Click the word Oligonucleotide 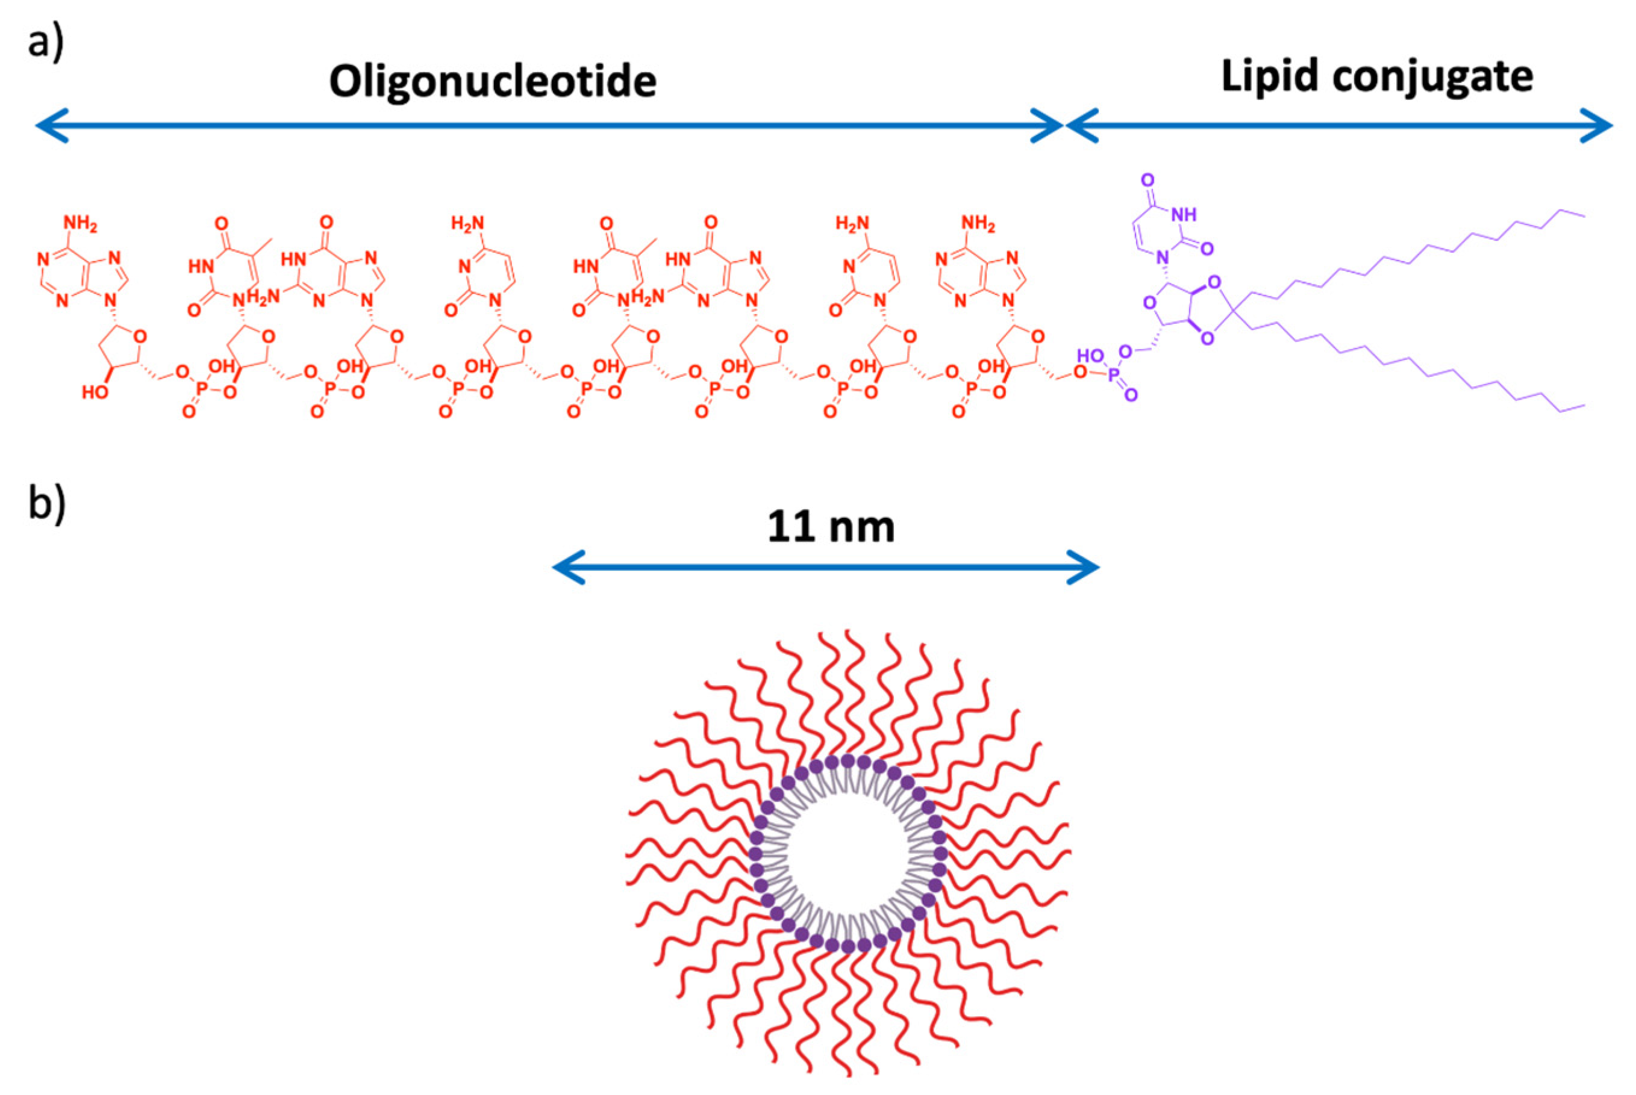coord(493,81)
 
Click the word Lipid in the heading coord(1268,75)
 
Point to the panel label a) coord(45,42)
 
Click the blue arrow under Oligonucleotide coord(549,126)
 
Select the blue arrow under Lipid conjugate coord(1339,126)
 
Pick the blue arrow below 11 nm coord(826,566)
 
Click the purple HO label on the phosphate coord(1091,356)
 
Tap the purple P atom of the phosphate coord(1114,377)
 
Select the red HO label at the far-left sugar coord(95,392)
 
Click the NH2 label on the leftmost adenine coord(80,223)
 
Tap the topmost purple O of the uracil coord(1147,180)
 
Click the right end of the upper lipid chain coord(1584,216)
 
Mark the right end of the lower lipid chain coord(1584,405)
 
